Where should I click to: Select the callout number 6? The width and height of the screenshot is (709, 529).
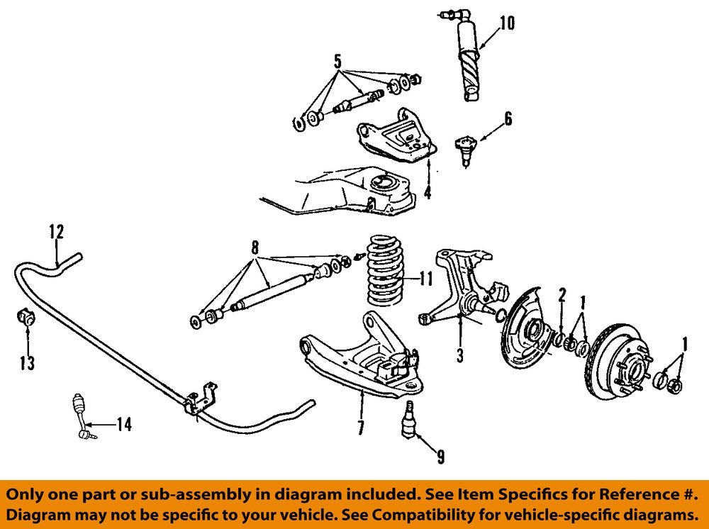(x=508, y=118)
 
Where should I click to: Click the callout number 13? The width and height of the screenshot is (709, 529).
(x=28, y=363)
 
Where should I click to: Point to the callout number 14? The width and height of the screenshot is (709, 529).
(x=123, y=425)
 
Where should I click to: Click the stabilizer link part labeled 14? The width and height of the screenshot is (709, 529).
(x=79, y=418)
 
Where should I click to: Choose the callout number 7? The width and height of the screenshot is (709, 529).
(x=360, y=428)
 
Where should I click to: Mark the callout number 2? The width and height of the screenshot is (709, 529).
(x=562, y=294)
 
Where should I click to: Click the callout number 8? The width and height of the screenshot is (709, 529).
(x=255, y=247)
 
